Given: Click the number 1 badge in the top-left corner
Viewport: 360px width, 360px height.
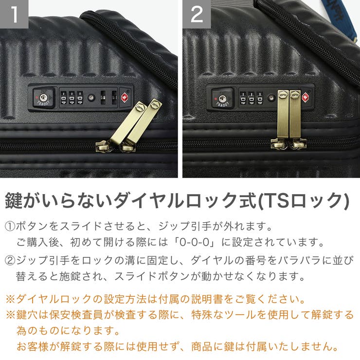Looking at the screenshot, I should (14, 14).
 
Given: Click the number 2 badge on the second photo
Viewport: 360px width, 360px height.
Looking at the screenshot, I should (197, 14).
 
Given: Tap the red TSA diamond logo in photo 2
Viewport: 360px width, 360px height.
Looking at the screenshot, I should (306, 97).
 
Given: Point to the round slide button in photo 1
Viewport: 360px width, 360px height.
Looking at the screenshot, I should (90, 98).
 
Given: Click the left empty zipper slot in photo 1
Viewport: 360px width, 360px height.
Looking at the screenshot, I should (103, 97).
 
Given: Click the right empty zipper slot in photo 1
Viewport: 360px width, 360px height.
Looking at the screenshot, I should (114, 97).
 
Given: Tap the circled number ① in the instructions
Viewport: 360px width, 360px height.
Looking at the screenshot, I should (10, 227).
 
